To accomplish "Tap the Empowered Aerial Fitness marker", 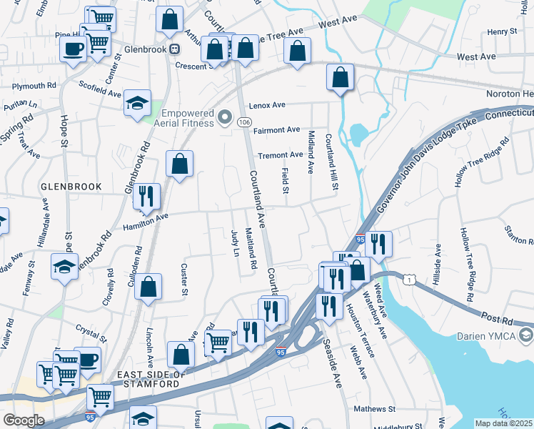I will click(x=226, y=117).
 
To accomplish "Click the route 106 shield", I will click(x=244, y=123).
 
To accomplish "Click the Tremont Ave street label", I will click(x=281, y=155).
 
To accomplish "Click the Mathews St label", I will click(x=374, y=410).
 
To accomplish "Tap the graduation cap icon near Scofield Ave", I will click(x=137, y=103).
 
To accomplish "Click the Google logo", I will click(x=24, y=420).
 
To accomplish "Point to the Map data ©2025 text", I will click(x=504, y=423).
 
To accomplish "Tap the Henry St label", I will click(x=502, y=31).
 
